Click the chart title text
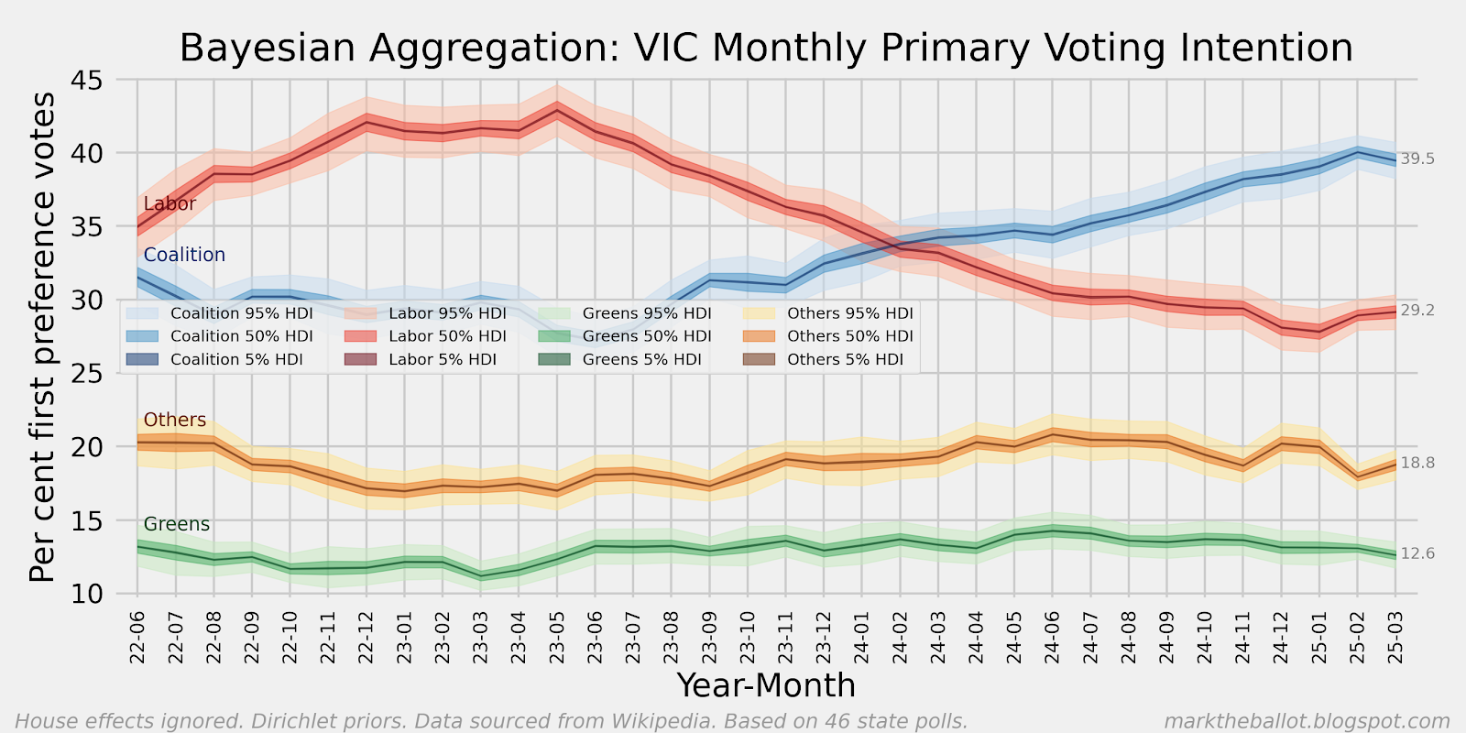(766, 48)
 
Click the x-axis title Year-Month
(766, 685)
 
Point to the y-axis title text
(42, 337)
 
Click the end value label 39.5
(1417, 159)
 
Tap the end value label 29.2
(1417, 311)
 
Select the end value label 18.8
(1417, 463)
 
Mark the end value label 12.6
(1417, 553)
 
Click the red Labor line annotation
(170, 203)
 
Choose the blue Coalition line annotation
(184, 255)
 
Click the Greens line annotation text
(177, 524)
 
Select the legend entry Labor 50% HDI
(447, 336)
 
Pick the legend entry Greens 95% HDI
(647, 313)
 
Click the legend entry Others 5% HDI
(845, 359)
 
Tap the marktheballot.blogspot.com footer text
(1307, 722)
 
